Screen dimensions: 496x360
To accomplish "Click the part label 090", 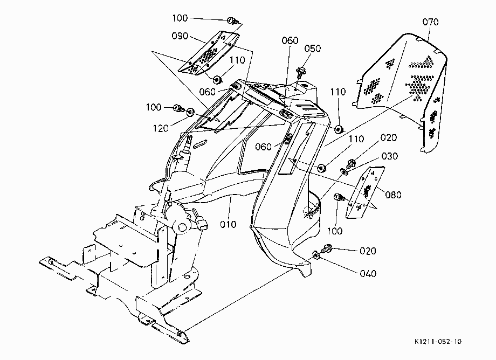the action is [180, 36].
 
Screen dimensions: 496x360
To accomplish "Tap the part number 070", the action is [431, 22].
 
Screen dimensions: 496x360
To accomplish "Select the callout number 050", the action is [313, 49].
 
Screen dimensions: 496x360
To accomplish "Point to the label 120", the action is [161, 128].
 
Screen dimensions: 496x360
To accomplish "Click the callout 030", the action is [390, 156].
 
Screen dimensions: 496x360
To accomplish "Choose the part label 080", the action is [393, 195].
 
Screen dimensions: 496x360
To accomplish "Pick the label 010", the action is [228, 224].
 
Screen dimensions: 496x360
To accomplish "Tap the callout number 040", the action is [368, 273].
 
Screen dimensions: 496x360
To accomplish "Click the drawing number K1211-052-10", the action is [438, 342].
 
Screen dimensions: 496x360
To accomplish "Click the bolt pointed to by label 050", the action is [300, 71].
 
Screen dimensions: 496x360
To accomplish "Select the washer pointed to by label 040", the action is [316, 255].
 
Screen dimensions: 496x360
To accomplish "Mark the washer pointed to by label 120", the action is [191, 112].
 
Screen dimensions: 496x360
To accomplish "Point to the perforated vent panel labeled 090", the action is [209, 53].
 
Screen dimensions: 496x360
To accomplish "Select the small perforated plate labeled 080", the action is [365, 192].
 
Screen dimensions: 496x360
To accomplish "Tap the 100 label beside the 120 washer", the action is [154, 107].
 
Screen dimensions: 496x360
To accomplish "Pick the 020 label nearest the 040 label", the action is [368, 251].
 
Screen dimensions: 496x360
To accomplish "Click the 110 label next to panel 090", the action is [237, 60].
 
